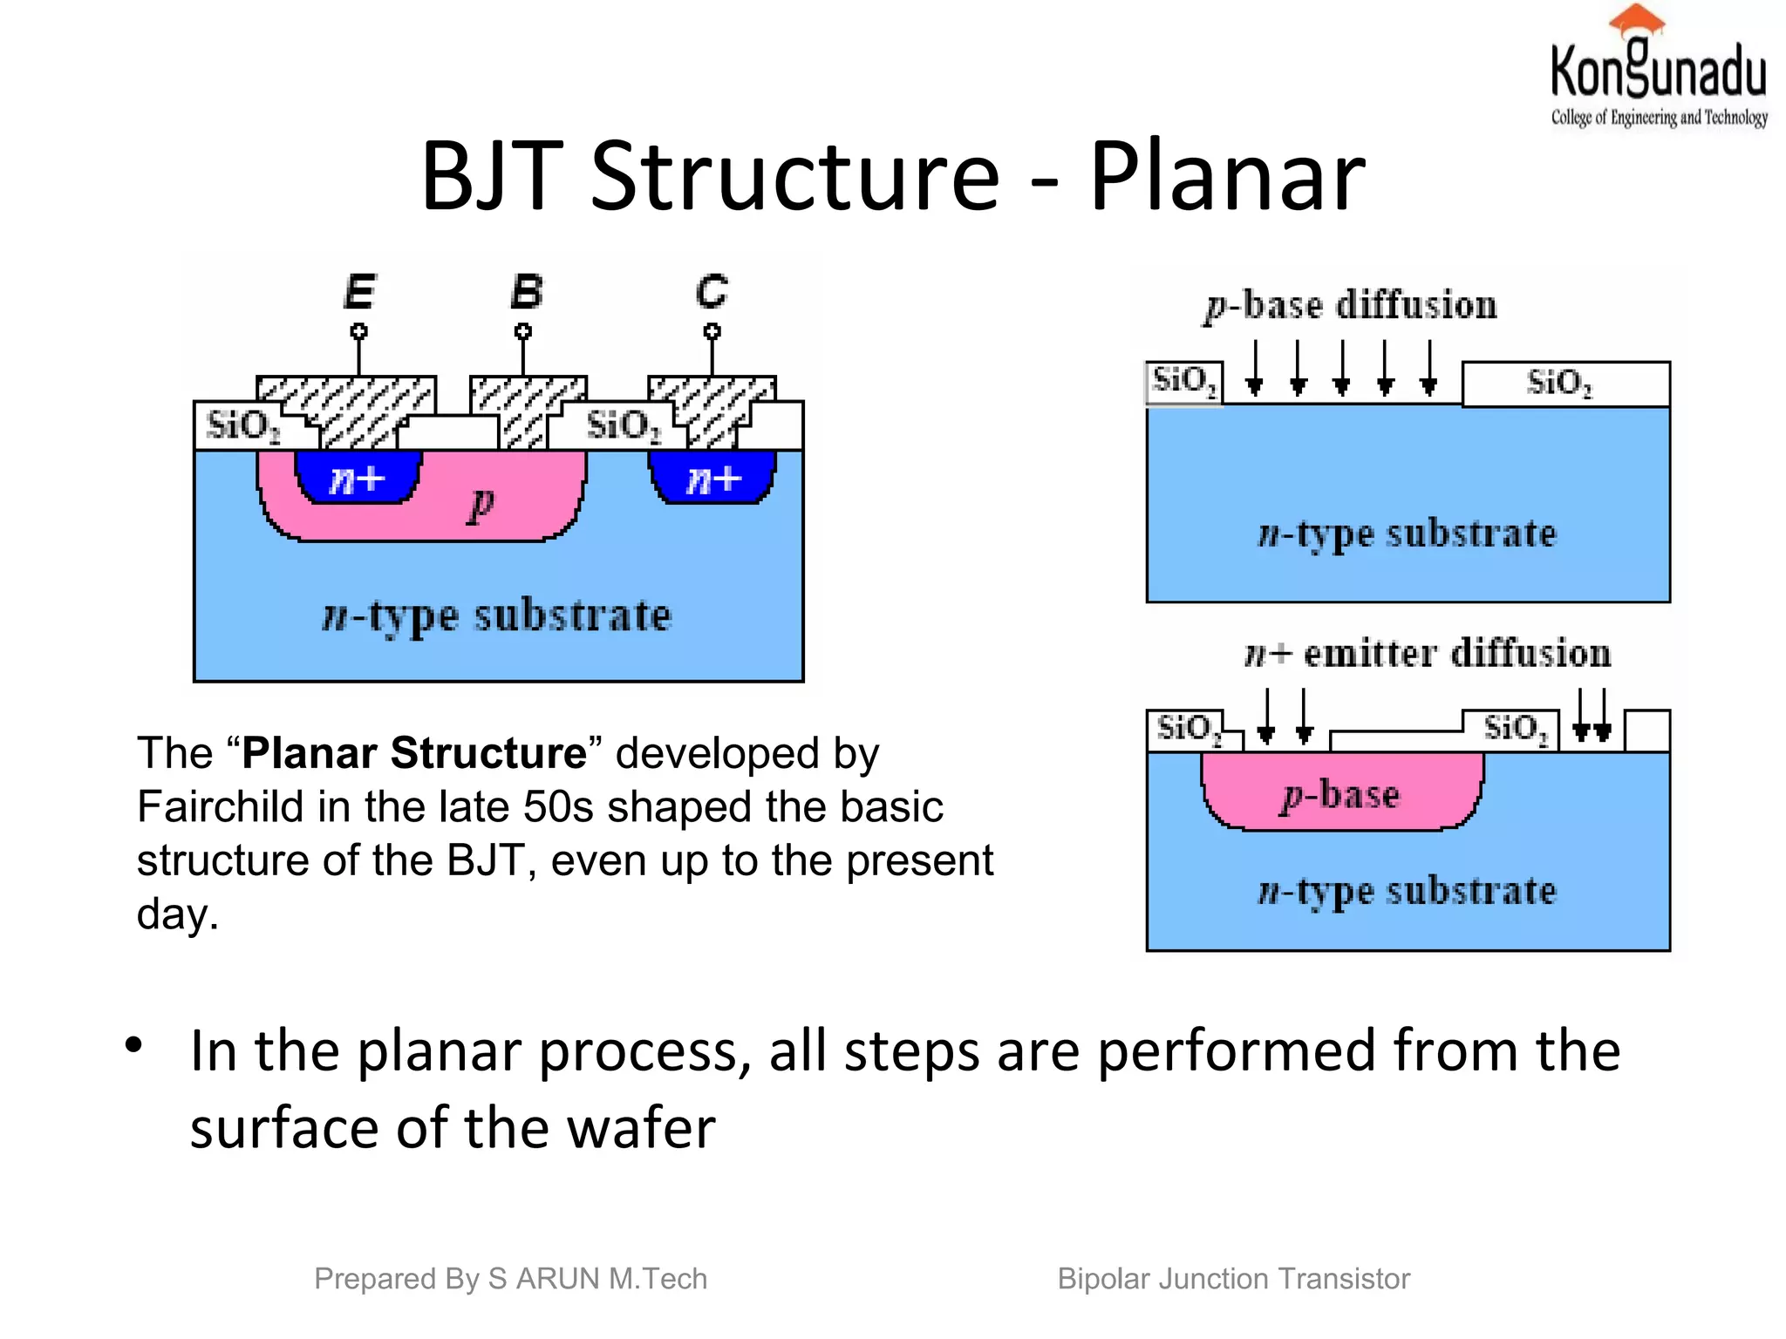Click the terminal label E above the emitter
point(359,291)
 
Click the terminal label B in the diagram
point(526,291)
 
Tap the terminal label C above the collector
point(712,291)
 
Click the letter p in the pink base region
point(481,503)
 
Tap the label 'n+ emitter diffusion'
point(1427,654)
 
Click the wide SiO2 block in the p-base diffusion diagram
point(1564,384)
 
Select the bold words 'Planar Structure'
point(414,752)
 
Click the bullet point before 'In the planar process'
point(133,1044)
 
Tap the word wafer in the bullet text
point(640,1127)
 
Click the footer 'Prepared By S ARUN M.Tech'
point(510,1279)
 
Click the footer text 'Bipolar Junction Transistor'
point(1233,1279)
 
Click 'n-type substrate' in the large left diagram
point(497,616)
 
